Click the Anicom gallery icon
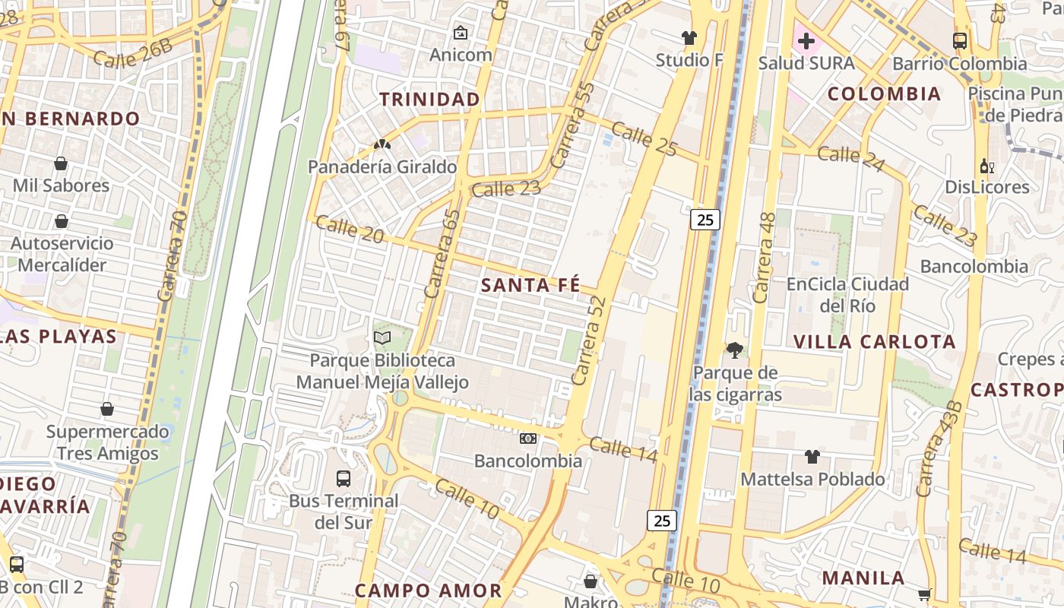click(460, 33)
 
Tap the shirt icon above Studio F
click(689, 38)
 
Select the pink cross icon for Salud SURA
click(806, 40)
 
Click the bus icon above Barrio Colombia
click(960, 41)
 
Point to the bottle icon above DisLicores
click(986, 166)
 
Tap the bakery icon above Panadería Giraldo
click(382, 144)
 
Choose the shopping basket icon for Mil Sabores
click(61, 163)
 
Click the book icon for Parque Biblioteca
click(382, 337)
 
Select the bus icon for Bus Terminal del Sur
click(344, 479)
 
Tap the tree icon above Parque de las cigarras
click(734, 350)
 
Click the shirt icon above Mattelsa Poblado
click(812, 457)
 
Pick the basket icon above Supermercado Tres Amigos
click(107, 409)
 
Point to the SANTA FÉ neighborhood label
click(531, 286)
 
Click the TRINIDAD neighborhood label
click(429, 100)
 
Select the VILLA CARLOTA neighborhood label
click(874, 342)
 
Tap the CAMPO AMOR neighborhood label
click(429, 591)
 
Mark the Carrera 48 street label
click(763, 258)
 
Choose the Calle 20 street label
click(350, 229)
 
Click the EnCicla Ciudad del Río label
click(847, 295)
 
